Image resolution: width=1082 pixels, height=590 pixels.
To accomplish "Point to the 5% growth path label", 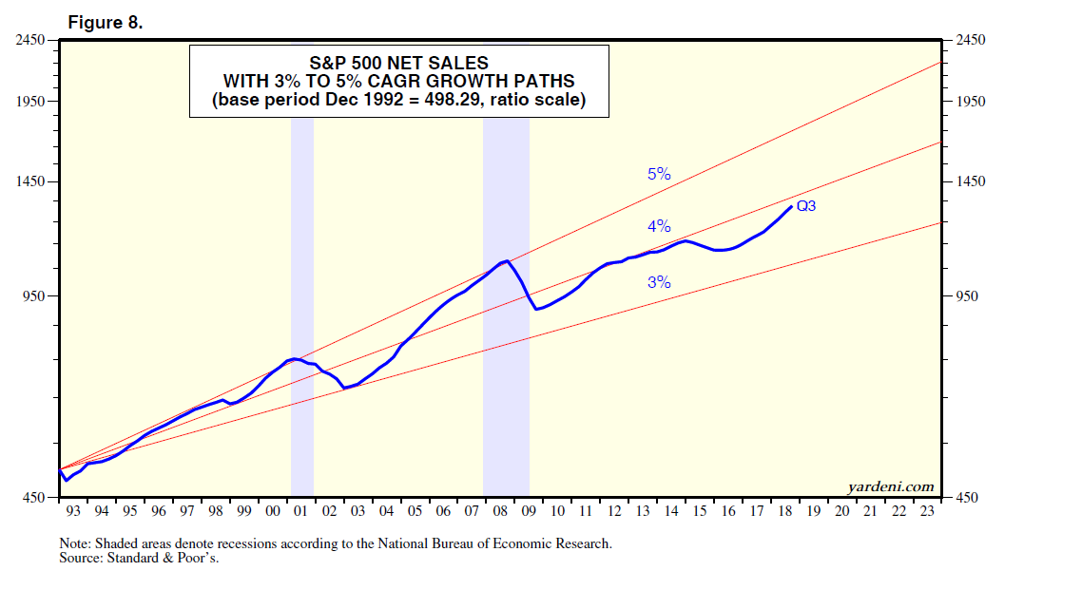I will tap(659, 174).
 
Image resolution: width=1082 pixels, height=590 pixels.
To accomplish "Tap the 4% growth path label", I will tap(659, 226).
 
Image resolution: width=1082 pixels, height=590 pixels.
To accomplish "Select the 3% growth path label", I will tap(659, 282).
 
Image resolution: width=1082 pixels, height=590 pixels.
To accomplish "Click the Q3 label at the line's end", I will tap(806, 205).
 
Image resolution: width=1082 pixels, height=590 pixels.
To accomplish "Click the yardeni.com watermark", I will tap(891, 486).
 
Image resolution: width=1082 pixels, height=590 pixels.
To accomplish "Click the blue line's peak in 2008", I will tap(508, 260).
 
